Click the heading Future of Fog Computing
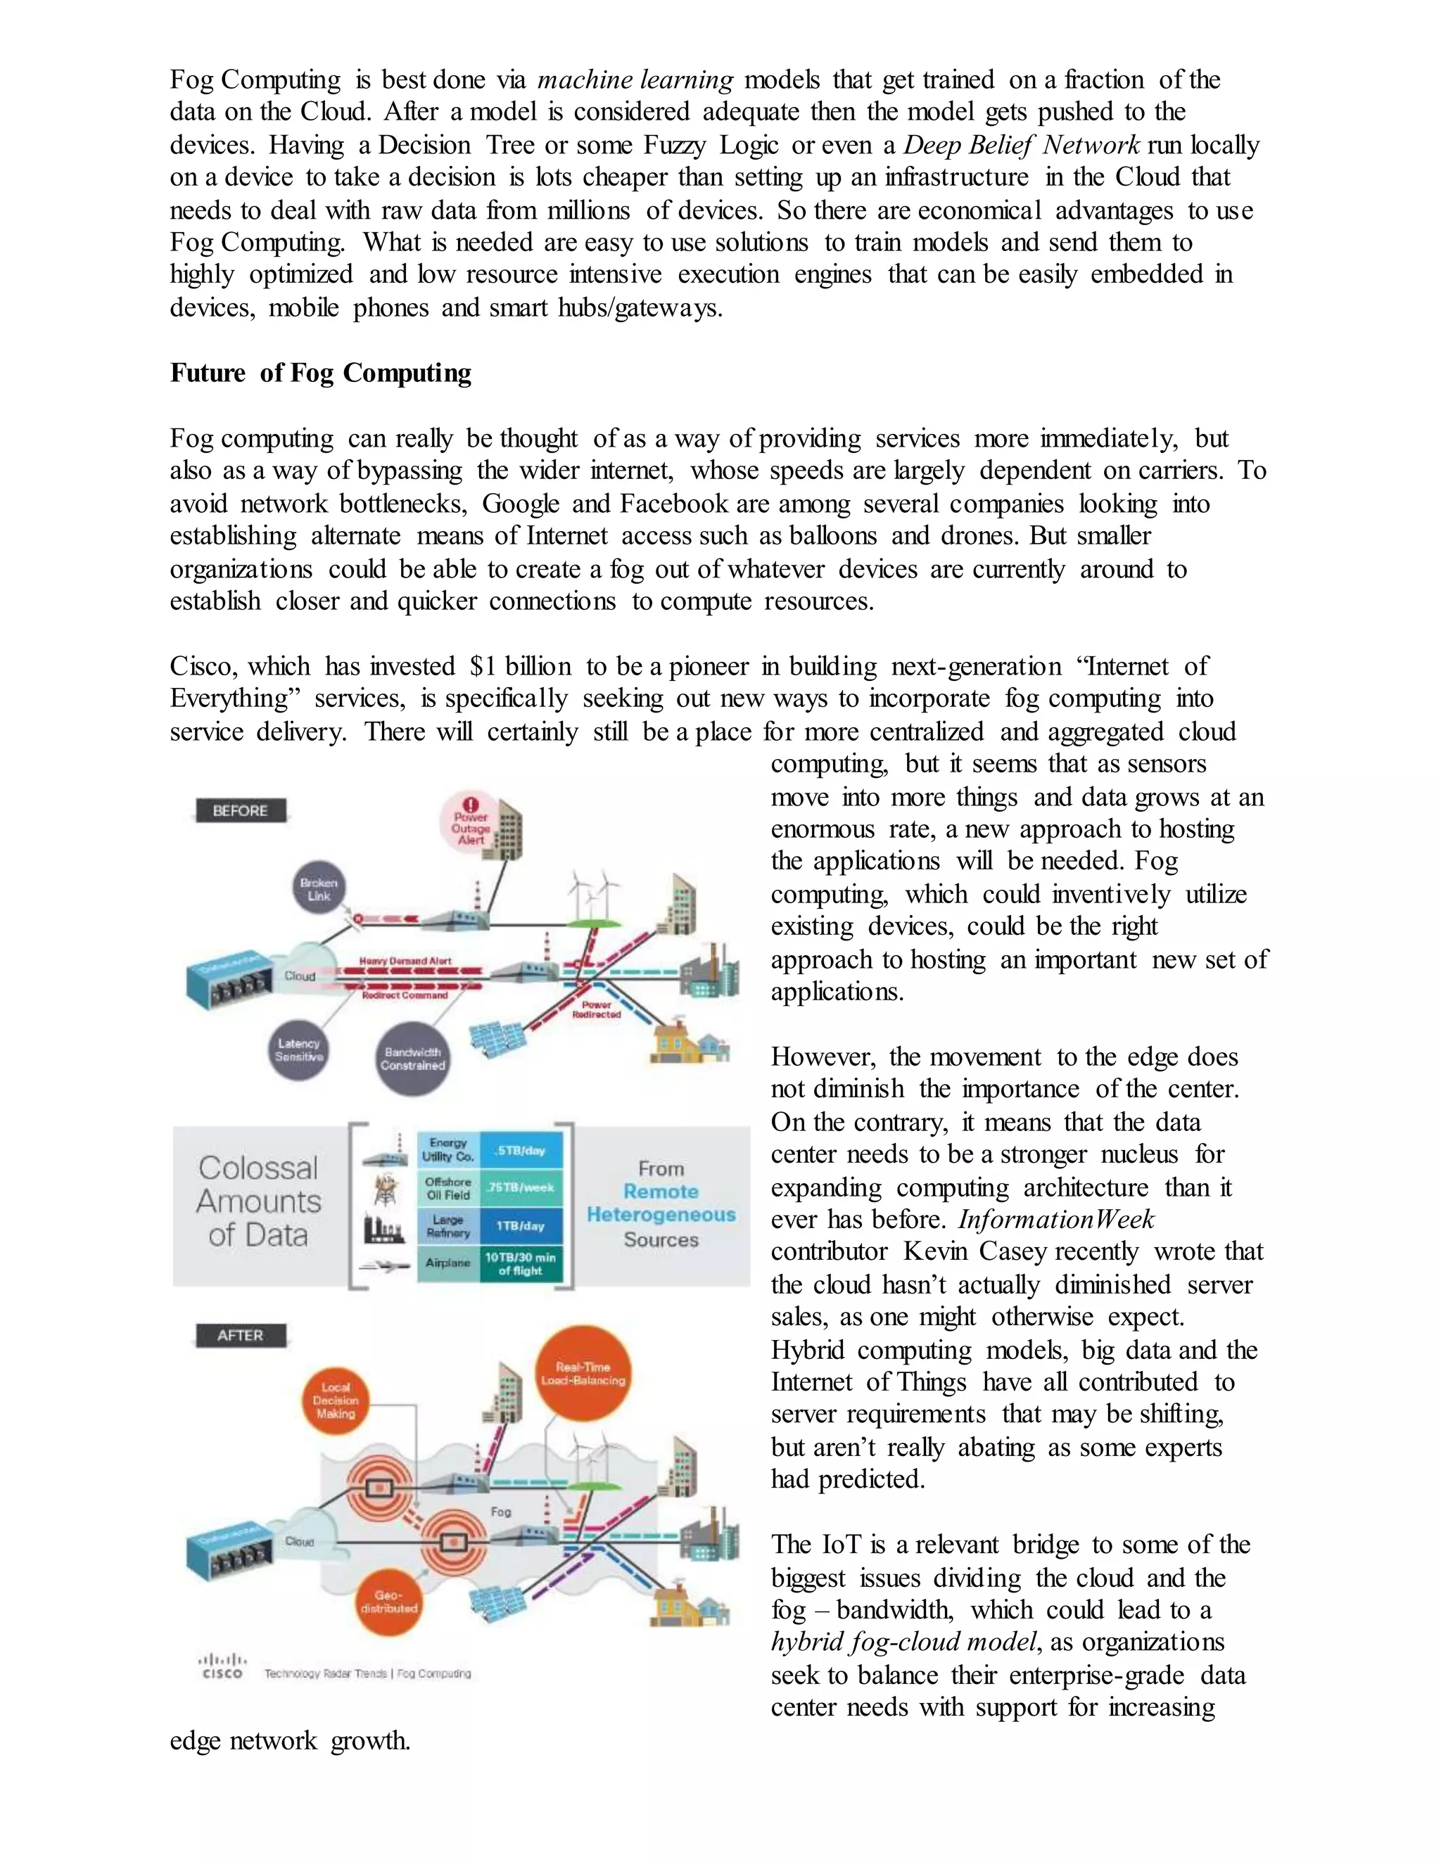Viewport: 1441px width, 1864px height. [x=320, y=373]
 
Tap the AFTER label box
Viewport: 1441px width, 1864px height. [x=240, y=1335]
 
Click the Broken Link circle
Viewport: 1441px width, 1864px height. [x=319, y=888]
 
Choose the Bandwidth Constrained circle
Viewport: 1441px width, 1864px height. [x=412, y=1059]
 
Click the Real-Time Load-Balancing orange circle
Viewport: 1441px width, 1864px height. [x=583, y=1373]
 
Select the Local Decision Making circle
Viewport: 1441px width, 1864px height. [x=336, y=1400]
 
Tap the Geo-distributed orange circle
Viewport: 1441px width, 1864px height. [x=388, y=1602]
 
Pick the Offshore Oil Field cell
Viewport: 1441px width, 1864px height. [x=448, y=1188]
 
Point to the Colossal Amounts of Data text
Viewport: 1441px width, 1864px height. [x=259, y=1201]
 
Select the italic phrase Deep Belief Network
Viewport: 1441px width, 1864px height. [x=1022, y=145]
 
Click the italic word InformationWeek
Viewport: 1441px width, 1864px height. [x=1056, y=1220]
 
